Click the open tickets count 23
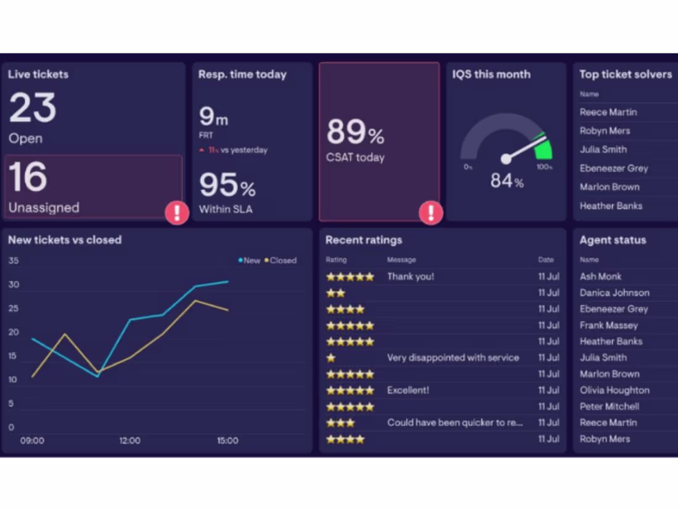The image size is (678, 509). [x=33, y=108]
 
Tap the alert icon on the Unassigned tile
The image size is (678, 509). [x=177, y=213]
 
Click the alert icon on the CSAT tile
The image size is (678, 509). [x=431, y=213]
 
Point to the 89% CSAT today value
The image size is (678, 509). [x=355, y=132]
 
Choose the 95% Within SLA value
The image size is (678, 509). [x=227, y=185]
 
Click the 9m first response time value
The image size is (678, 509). [x=213, y=117]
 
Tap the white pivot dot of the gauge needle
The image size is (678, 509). [x=506, y=159]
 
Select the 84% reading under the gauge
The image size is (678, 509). [x=507, y=181]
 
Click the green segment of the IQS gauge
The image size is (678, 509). [x=543, y=147]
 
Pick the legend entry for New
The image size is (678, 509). [x=250, y=260]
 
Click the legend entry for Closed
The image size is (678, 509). [x=281, y=260]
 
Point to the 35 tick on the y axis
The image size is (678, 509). [x=14, y=260]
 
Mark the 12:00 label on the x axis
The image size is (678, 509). [x=129, y=441]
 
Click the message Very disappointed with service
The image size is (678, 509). [x=452, y=358]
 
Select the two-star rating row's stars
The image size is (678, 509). [x=336, y=293]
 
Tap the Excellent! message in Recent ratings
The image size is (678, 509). [x=407, y=391]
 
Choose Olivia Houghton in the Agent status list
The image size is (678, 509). [x=615, y=391]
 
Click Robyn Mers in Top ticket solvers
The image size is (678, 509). [x=605, y=131]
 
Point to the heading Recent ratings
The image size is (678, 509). [x=364, y=240]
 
